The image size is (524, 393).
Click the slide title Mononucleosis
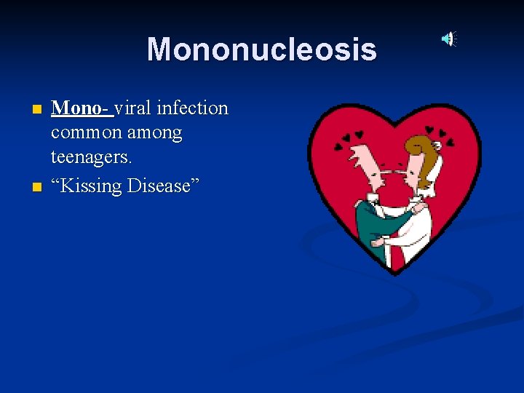pyautogui.click(x=262, y=49)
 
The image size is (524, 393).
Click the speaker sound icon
pyautogui.click(x=450, y=39)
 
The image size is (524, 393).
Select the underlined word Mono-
pyautogui.click(x=81, y=108)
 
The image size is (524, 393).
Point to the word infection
pyautogui.click(x=196, y=108)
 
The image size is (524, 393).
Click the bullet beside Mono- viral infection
pyautogui.click(x=37, y=110)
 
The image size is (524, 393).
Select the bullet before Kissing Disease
pyautogui.click(x=37, y=187)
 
